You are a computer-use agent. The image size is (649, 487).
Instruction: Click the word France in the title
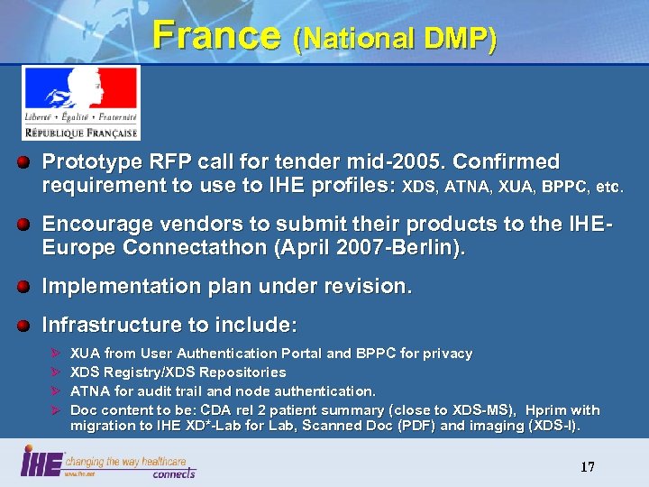pyautogui.click(x=216, y=35)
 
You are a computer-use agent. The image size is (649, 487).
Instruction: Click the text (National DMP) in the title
pyautogui.click(x=394, y=39)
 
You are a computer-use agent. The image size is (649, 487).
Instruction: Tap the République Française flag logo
pyautogui.click(x=80, y=103)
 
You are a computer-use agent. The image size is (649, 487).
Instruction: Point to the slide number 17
pyautogui.click(x=587, y=466)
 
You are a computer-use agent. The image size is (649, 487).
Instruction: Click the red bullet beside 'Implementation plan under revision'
pyautogui.click(x=29, y=287)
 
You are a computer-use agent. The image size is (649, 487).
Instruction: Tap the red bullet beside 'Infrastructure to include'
pyautogui.click(x=29, y=325)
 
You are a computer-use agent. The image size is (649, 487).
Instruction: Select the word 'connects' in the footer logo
pyautogui.click(x=173, y=473)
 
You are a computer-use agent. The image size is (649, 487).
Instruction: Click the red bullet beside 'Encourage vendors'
pyautogui.click(x=29, y=224)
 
